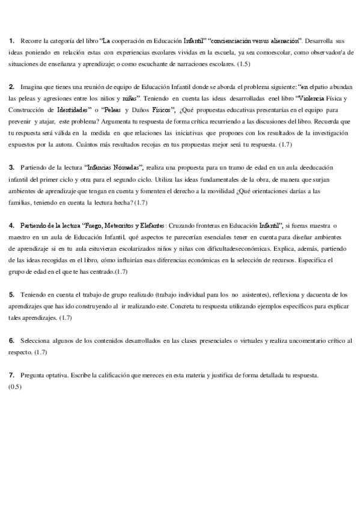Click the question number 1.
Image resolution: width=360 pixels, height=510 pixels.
11,41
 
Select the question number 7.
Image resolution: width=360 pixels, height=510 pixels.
11,375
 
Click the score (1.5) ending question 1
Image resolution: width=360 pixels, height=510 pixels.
245,64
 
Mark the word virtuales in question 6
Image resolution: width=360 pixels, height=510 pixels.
243,341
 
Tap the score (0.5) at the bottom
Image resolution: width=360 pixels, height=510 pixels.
15,386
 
